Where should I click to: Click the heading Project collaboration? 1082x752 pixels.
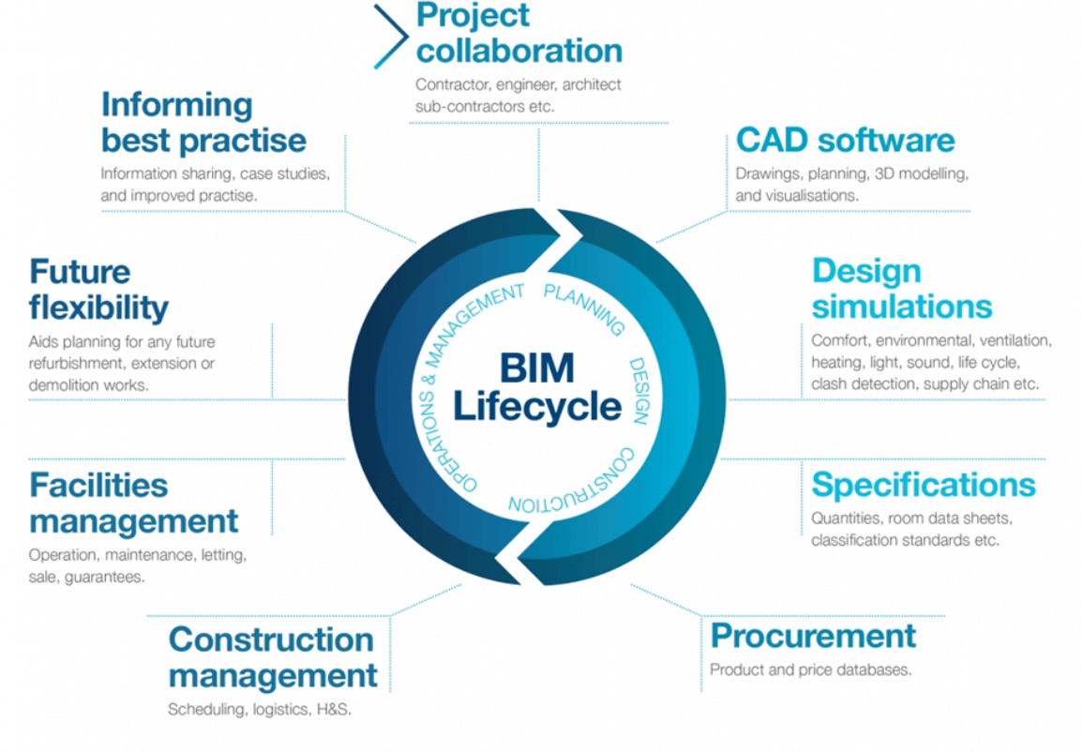click(518, 33)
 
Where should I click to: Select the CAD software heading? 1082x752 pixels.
click(845, 141)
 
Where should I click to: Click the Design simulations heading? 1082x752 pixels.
click(901, 289)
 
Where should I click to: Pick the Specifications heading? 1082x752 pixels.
click(923, 485)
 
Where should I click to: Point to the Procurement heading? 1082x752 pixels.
click(813, 636)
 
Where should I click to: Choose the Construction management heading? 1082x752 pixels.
click(273, 657)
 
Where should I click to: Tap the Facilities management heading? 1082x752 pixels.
click(134, 503)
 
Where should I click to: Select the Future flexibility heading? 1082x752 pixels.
click(98, 289)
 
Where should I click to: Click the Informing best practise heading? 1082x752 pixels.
click(203, 122)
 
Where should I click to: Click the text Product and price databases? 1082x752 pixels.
click(810, 670)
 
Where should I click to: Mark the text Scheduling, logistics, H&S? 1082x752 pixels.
click(260, 710)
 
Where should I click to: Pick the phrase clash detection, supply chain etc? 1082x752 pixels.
click(924, 384)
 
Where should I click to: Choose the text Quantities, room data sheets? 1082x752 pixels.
click(911, 519)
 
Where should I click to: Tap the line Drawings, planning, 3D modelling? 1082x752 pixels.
click(851, 174)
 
